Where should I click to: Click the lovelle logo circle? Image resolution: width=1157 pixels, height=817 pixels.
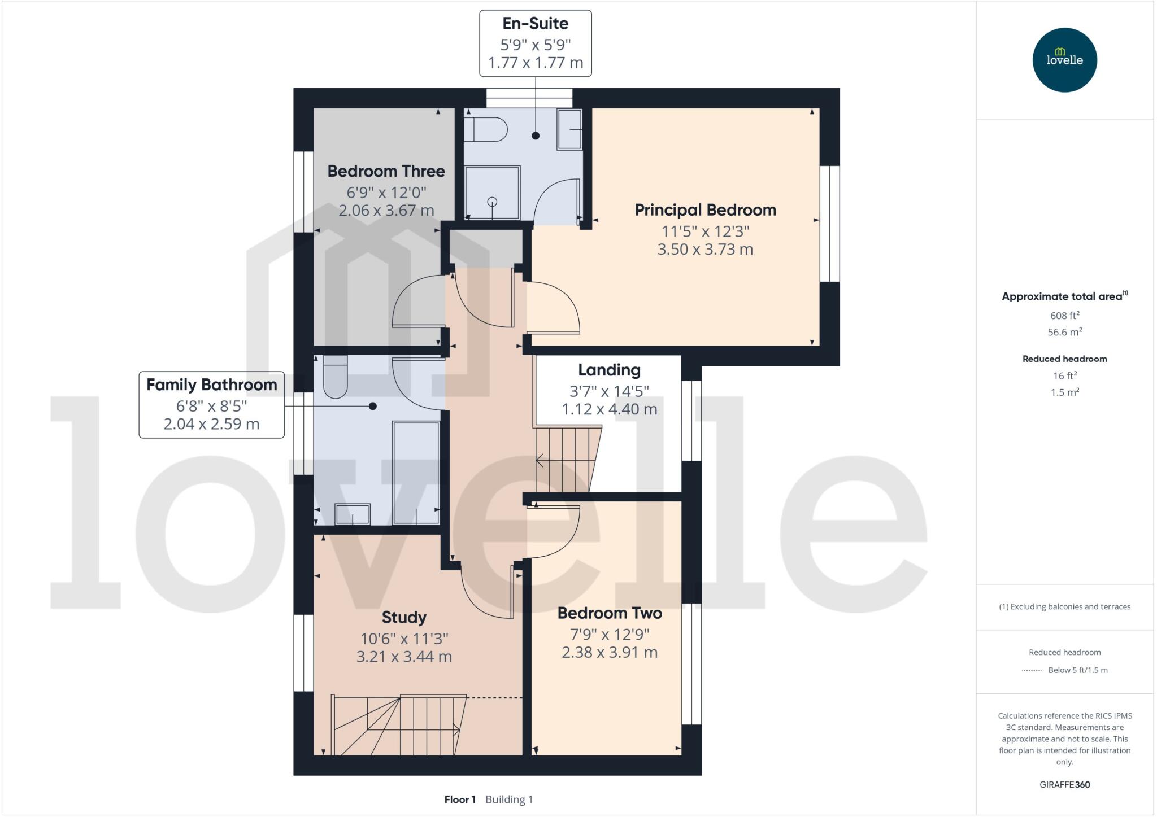point(1064,60)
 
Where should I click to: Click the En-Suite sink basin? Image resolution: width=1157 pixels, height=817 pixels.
point(569,130)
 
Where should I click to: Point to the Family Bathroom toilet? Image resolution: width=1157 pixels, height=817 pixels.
point(335,377)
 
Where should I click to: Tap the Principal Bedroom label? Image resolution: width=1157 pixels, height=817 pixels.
point(705,210)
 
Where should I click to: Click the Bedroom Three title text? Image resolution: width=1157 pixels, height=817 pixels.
point(386,171)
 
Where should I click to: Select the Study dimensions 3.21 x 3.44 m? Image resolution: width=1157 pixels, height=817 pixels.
point(404,657)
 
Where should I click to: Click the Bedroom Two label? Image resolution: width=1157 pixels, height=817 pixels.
point(610,613)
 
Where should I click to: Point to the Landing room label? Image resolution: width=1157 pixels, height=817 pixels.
point(609,370)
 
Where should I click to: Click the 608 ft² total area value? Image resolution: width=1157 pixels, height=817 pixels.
point(1064,316)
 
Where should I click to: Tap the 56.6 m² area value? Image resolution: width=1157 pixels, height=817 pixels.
point(1064,332)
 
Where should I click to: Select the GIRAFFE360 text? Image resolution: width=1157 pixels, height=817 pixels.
point(1064,784)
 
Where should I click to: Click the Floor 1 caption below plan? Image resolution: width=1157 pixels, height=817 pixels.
point(460,799)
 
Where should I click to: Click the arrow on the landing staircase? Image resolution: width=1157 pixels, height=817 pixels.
point(540,461)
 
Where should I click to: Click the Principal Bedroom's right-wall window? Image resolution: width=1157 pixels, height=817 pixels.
point(829,224)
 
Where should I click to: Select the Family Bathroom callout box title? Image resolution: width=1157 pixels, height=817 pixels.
point(212,385)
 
